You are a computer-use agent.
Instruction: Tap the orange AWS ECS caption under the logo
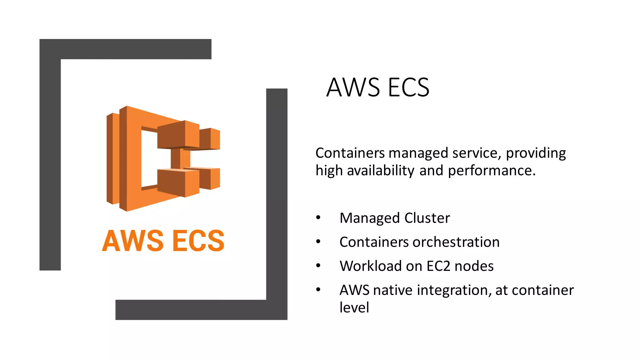[x=163, y=241]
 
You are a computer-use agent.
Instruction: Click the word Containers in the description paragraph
[x=350, y=153]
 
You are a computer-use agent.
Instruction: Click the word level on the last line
[x=354, y=307]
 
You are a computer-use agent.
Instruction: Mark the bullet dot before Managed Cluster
[x=318, y=217]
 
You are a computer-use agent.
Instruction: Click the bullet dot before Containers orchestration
[x=318, y=242]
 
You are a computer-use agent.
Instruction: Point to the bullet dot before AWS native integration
[x=318, y=290]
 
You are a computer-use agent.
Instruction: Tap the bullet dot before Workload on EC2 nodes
[x=318, y=266]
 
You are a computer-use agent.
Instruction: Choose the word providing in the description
[x=536, y=153]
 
